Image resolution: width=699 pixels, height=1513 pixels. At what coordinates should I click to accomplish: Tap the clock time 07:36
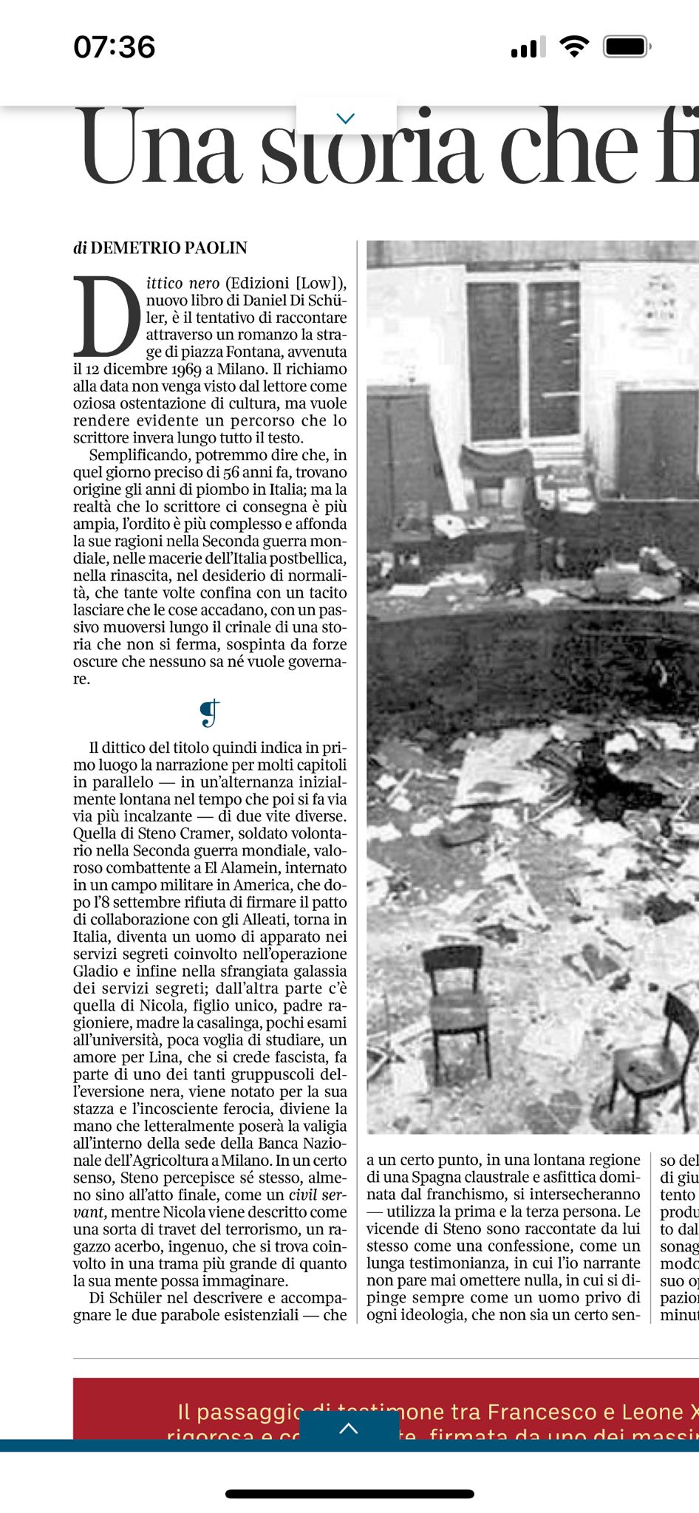click(x=115, y=47)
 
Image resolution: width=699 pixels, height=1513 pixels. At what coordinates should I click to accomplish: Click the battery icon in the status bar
click(x=626, y=47)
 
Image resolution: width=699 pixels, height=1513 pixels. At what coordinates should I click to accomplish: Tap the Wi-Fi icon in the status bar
click(x=574, y=47)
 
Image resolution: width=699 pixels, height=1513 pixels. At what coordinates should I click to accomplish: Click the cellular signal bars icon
click(x=528, y=47)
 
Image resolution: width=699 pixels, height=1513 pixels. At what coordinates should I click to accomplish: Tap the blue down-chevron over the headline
click(x=346, y=118)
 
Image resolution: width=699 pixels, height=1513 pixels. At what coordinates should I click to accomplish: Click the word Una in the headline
click(x=161, y=148)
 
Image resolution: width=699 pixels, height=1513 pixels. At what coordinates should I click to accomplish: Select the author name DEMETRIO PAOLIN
click(x=168, y=248)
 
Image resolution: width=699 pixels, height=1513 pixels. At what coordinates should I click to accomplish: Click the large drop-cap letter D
click(x=106, y=316)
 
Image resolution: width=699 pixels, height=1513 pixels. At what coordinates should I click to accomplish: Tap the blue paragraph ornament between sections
click(x=210, y=713)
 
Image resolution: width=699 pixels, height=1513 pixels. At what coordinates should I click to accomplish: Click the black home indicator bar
click(x=349, y=1494)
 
